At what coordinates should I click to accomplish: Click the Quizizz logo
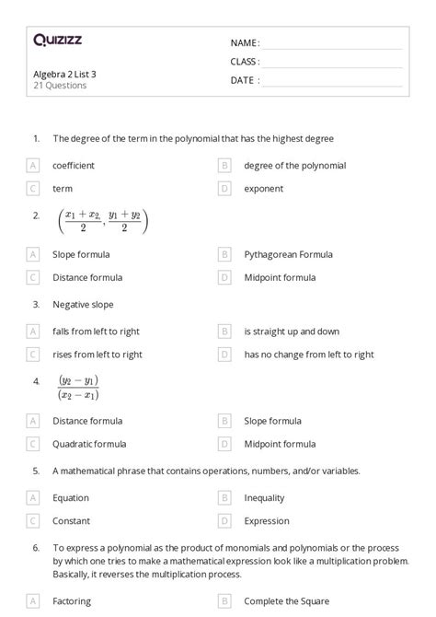(x=57, y=40)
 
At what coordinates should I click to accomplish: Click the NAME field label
(x=245, y=43)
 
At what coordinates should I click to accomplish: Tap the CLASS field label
(x=245, y=62)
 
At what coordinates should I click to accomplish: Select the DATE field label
(x=245, y=80)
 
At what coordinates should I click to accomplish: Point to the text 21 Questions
(x=60, y=86)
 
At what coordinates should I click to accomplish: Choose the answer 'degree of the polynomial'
(x=294, y=166)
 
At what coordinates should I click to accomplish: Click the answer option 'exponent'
(x=263, y=189)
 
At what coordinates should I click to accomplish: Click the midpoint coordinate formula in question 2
(x=102, y=221)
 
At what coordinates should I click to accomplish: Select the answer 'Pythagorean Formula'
(x=288, y=254)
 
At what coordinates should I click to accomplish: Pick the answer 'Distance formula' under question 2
(x=87, y=277)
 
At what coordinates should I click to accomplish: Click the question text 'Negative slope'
(x=83, y=304)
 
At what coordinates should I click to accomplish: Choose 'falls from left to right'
(x=96, y=331)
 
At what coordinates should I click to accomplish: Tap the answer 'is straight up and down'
(x=292, y=331)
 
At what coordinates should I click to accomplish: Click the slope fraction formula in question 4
(x=78, y=388)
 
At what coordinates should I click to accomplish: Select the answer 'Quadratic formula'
(x=89, y=444)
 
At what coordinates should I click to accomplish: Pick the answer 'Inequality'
(x=264, y=497)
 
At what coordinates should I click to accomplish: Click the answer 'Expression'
(x=266, y=520)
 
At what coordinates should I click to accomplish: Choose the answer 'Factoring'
(x=72, y=601)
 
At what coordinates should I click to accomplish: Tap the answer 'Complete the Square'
(x=285, y=601)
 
